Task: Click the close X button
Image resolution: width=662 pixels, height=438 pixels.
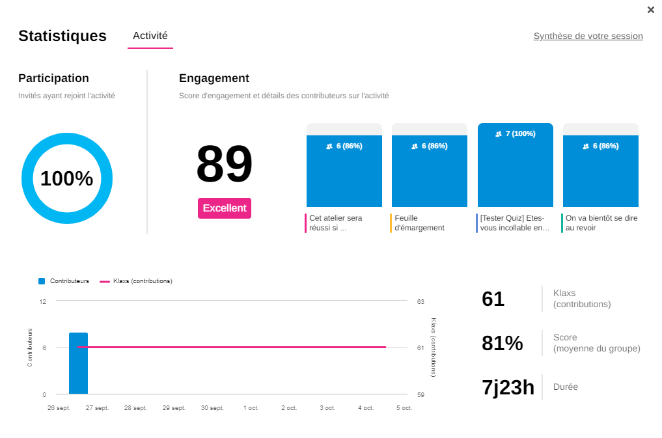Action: (651, 10)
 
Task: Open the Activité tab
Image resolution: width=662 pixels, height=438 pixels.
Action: (150, 36)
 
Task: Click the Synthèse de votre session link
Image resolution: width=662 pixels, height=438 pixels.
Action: (588, 36)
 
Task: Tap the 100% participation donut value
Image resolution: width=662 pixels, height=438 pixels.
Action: (67, 178)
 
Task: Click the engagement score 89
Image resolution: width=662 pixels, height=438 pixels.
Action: (224, 165)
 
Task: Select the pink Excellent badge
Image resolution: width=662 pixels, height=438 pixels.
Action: (225, 208)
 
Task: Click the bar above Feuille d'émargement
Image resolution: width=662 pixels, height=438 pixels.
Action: (430, 171)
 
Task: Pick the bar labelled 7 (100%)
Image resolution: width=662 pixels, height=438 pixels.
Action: (516, 165)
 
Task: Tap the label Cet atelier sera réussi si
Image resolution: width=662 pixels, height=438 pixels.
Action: (336, 223)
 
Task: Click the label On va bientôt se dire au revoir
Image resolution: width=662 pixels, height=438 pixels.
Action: (601, 223)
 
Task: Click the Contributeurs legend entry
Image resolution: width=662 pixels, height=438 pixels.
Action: (64, 281)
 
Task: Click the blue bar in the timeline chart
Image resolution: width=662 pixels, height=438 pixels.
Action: (78, 363)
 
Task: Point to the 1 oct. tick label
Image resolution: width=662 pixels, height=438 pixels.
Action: (251, 408)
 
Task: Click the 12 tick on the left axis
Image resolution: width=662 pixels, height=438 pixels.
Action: (43, 301)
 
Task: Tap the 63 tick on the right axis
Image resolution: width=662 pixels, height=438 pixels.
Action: (421, 301)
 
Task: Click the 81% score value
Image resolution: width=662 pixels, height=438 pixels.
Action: (503, 343)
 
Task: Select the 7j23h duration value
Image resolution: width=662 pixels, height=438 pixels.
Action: (508, 387)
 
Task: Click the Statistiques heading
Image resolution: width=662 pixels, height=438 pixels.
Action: (62, 36)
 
